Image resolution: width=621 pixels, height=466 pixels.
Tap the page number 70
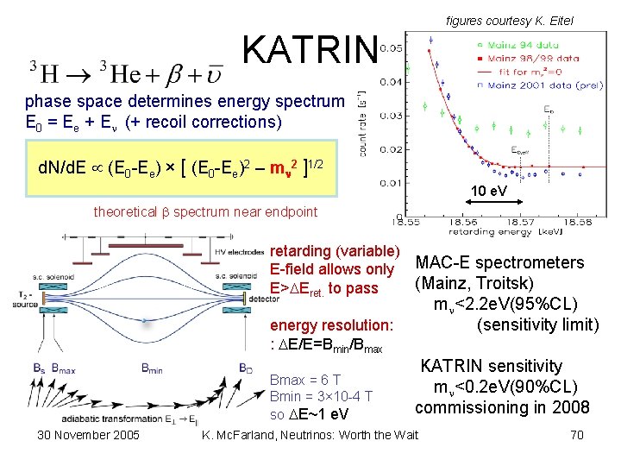[x=577, y=434]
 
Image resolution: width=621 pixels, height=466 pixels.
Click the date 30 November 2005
[x=88, y=434]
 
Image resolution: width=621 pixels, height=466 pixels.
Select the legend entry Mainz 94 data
[x=517, y=41]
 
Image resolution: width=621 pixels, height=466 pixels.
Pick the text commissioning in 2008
[x=502, y=407]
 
